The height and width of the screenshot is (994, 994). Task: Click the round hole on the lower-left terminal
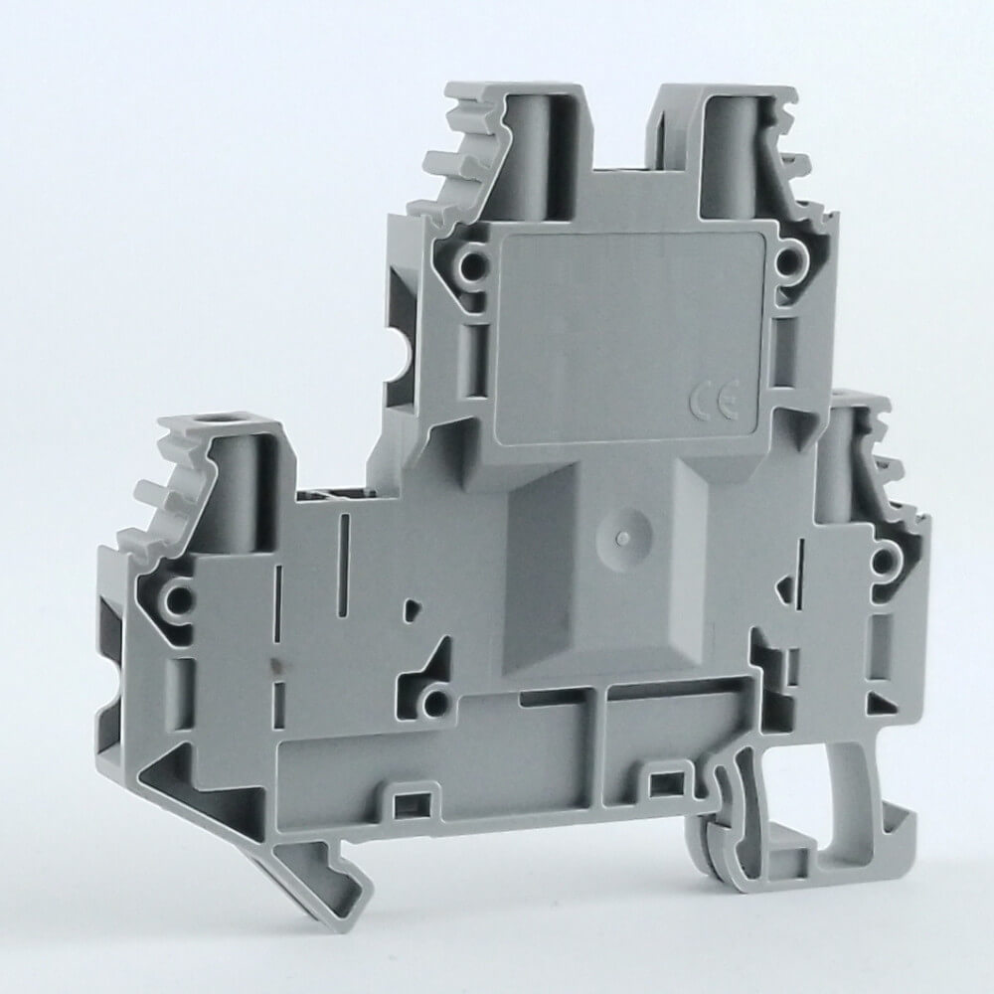178,595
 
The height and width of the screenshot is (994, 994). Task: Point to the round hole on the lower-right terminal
883,559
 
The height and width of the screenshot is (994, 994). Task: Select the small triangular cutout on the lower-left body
412,610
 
